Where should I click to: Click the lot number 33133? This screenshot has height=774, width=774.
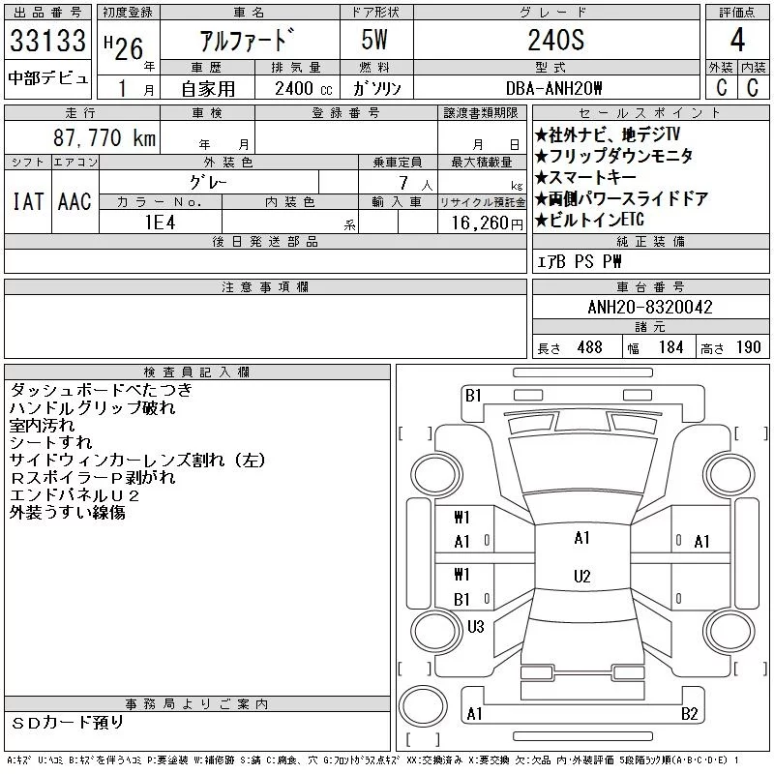(47, 40)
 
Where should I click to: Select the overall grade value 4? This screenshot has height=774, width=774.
(737, 40)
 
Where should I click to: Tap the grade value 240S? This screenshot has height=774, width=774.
(556, 40)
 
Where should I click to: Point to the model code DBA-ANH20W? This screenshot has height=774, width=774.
(553, 88)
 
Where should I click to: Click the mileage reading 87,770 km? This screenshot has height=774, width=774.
(104, 137)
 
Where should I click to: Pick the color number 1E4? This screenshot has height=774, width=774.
(160, 223)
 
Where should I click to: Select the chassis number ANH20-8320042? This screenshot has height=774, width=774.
(650, 307)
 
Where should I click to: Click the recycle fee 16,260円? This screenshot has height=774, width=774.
(487, 223)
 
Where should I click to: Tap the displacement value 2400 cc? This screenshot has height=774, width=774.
(303, 88)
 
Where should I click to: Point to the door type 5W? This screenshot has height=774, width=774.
(374, 40)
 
